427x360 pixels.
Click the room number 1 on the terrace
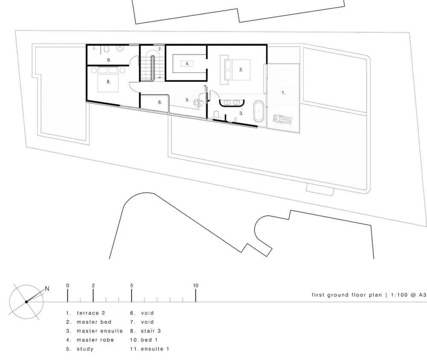(x=283, y=93)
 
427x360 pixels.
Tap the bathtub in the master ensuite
(x=258, y=111)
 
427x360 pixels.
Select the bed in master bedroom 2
(x=235, y=70)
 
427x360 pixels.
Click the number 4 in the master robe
(x=187, y=64)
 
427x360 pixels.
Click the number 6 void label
(x=160, y=102)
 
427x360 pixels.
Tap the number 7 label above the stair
(x=160, y=49)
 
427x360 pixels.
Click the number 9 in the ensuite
(x=108, y=60)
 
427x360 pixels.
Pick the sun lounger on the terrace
(x=283, y=119)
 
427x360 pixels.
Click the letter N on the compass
(x=47, y=289)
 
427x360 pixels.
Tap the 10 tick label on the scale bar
(x=196, y=285)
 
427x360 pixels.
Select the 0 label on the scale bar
(x=67, y=285)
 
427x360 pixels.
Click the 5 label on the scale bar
(x=132, y=285)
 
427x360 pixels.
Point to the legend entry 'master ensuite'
(x=99, y=331)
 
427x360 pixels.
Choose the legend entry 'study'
(x=85, y=349)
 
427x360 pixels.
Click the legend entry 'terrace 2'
(x=91, y=313)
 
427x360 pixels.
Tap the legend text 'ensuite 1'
(x=155, y=349)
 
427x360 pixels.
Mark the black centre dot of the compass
(x=26, y=302)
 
